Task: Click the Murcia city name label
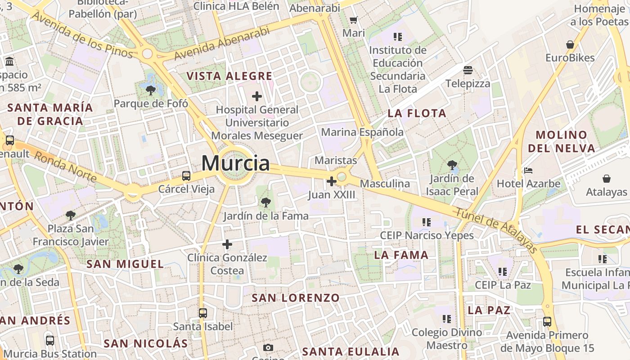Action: (235, 163)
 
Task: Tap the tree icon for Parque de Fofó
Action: (151, 90)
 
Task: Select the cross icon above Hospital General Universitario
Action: (257, 96)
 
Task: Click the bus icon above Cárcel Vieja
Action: (186, 176)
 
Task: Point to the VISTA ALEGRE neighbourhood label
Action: (229, 76)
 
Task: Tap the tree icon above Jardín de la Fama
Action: (266, 202)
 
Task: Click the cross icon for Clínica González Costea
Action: (227, 244)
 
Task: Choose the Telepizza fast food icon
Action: (468, 70)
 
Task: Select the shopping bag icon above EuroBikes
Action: (570, 45)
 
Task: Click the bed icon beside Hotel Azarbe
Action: (528, 171)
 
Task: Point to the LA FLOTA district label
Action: (417, 113)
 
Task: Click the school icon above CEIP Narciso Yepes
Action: (427, 222)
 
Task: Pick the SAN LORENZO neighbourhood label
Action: (296, 298)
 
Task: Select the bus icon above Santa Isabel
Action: (203, 313)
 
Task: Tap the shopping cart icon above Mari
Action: (354, 20)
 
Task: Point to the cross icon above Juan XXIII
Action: (332, 181)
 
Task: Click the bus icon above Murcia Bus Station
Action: (50, 341)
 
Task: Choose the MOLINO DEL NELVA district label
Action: (562, 141)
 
